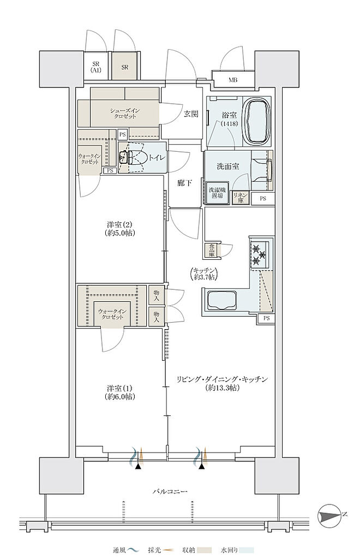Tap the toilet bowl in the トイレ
pos(135,157)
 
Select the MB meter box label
pos(233,80)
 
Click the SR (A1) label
pos(95,67)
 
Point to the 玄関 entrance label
pos(191,114)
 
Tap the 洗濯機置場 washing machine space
pos(216,193)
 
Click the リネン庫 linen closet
pos(238,198)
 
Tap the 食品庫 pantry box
pos(212,250)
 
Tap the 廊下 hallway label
pos(185,183)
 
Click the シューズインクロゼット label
pos(125,114)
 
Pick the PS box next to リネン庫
pos(263,199)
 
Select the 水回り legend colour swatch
pos(246,550)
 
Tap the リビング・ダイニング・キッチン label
pos(222,383)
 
